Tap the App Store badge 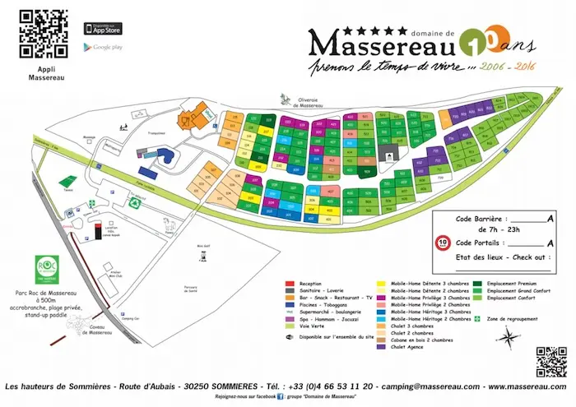pos(102,28)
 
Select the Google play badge pos(103,48)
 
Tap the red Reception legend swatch pos(289,284)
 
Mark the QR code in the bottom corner pos(550,361)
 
